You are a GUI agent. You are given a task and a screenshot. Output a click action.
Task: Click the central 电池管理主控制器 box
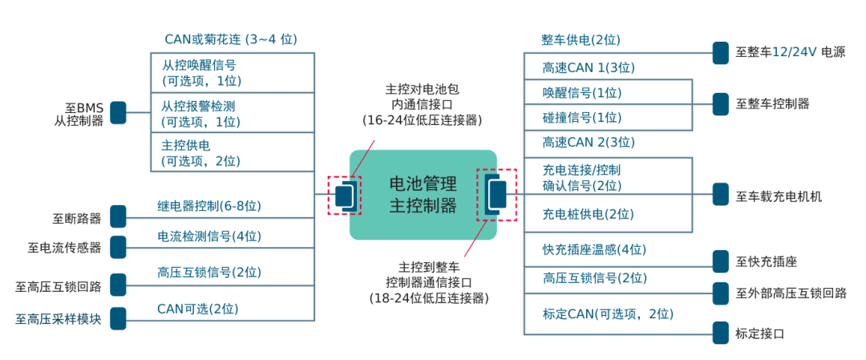pos(423,195)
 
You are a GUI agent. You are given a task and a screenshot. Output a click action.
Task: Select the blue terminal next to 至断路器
pos(118,216)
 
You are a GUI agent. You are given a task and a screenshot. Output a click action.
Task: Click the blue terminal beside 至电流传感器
pos(118,247)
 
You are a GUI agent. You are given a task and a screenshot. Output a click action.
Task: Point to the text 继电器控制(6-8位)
pos(208,206)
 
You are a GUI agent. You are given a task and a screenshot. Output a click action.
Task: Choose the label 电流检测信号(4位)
pos(208,237)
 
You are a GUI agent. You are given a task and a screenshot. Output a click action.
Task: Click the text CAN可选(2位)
pos(197,308)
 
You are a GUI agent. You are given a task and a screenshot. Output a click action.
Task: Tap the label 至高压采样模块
pos(59,318)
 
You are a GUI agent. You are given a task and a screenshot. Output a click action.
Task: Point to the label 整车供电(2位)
pos(581,40)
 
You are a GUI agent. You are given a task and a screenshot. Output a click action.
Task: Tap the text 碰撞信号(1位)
pos(581,118)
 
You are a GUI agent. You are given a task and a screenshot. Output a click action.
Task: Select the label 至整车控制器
pos(772,103)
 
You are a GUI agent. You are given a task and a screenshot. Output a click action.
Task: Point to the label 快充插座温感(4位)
pos(594,249)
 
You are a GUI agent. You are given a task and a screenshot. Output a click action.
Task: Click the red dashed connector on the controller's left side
pos(345,196)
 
